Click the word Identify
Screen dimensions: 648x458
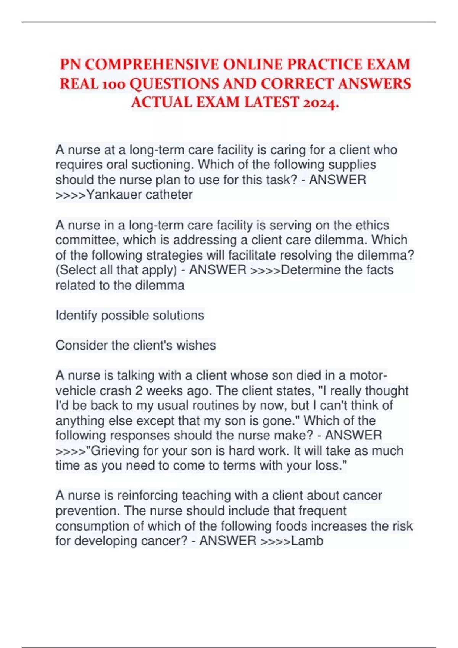coord(76,316)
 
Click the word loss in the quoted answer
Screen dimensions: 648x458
coord(326,466)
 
